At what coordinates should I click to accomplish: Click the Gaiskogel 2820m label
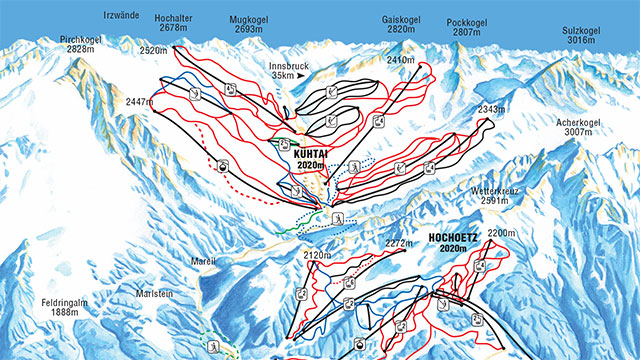coord(401,24)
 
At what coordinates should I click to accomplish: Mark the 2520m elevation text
coord(153,49)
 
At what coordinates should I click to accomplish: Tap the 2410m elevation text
coord(401,61)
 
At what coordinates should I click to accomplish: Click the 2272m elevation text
coord(398,242)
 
